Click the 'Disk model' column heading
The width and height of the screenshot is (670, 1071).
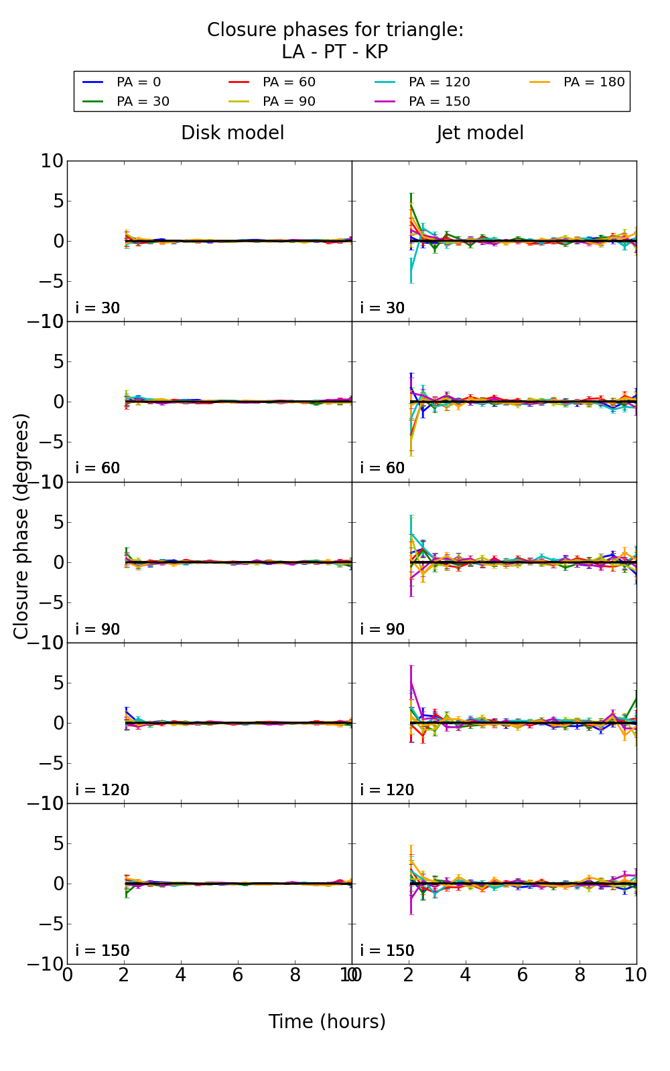(232, 133)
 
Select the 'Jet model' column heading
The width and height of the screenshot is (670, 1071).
(480, 133)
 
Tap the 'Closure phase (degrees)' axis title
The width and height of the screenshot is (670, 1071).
(21, 526)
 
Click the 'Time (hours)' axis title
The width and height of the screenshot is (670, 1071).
(327, 1022)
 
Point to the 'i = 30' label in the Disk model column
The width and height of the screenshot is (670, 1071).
(98, 309)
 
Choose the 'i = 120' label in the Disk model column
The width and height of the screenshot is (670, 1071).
(102, 790)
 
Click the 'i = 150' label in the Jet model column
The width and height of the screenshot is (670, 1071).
(387, 951)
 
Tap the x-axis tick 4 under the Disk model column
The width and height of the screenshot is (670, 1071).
(181, 975)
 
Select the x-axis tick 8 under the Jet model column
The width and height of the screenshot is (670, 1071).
(580, 975)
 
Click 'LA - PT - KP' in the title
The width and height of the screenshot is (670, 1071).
(335, 52)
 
